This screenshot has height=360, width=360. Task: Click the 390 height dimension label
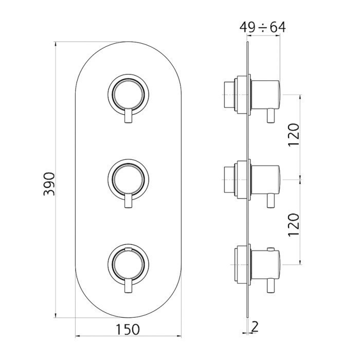click(49, 184)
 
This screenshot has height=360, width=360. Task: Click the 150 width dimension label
click(128, 330)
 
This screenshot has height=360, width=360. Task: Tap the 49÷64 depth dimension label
click(262, 27)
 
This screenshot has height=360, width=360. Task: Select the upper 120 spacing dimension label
click(294, 135)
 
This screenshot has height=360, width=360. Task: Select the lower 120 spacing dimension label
click(294, 225)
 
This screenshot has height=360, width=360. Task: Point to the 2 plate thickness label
click(255, 327)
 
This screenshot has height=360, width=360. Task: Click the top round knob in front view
click(128, 95)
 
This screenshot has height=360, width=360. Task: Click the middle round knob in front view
click(128, 179)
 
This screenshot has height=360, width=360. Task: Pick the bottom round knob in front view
click(128, 264)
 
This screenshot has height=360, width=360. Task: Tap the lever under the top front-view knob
click(128, 116)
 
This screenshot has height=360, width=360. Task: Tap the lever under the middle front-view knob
click(128, 201)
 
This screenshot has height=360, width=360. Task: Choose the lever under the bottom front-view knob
click(128, 285)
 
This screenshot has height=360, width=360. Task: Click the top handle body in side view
click(266, 95)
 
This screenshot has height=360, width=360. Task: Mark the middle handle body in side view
click(266, 179)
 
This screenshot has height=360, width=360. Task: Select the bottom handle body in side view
click(266, 264)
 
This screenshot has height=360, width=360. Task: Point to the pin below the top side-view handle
click(271, 116)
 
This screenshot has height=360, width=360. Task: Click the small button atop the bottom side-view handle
click(271, 249)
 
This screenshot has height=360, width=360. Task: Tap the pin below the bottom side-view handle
click(271, 285)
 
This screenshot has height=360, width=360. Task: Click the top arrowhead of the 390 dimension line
click(55, 44)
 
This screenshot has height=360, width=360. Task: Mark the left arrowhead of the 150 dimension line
click(78, 336)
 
